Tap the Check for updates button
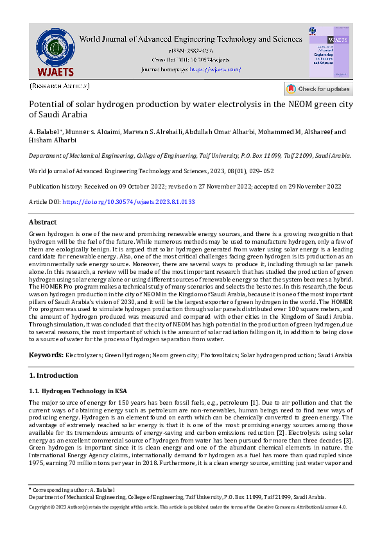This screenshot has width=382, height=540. [318, 89]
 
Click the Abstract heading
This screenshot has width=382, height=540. [44, 221]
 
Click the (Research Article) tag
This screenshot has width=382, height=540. [60, 85]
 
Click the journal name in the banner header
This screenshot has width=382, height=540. [191, 38]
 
